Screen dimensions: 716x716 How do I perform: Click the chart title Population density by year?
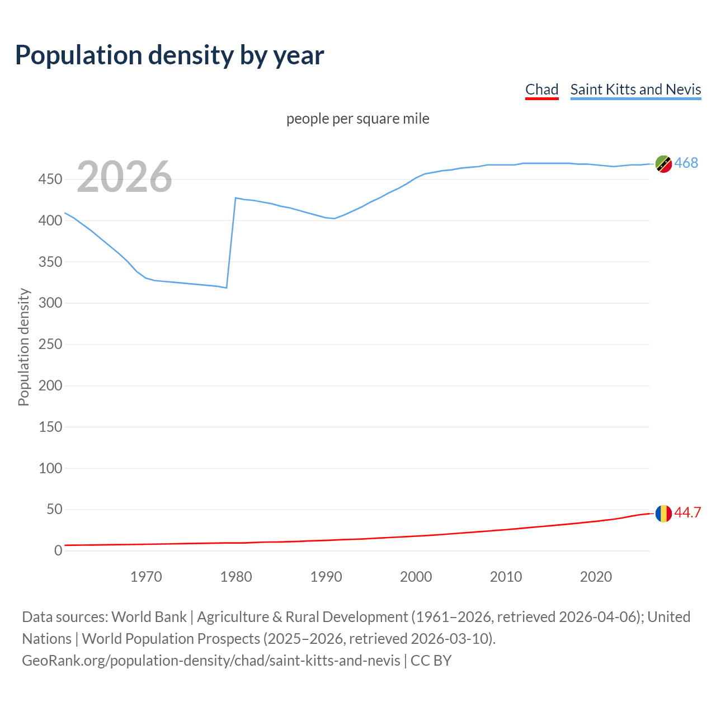169,55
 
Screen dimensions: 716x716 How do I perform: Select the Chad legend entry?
541,89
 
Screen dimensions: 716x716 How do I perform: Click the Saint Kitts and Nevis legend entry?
635,89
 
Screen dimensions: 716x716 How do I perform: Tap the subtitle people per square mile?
357,119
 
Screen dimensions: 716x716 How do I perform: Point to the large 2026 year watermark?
124,177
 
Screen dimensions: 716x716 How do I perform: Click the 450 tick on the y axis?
50,180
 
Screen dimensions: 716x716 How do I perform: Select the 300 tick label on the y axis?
50,303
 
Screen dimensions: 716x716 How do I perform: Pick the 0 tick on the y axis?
58,550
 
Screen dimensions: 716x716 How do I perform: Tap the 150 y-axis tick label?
50,427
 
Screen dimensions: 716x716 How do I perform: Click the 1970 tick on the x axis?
146,577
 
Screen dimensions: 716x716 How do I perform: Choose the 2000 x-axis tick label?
416,577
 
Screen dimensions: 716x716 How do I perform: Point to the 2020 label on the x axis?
596,577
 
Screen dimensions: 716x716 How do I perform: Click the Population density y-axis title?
23,347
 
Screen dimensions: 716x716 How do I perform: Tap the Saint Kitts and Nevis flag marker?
663,164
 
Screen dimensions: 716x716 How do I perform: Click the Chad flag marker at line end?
663,513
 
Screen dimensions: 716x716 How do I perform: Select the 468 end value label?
686,163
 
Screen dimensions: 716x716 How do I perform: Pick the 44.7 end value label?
687,512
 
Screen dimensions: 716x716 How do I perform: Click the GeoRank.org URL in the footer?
211,661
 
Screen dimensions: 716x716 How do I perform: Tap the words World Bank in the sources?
149,617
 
